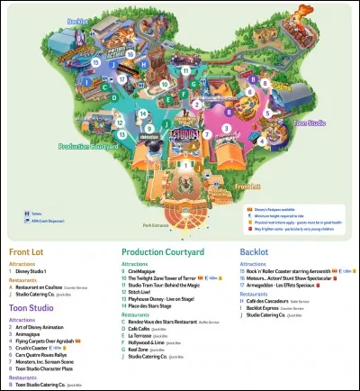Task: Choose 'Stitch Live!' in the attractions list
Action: pyautogui.click(x=148, y=292)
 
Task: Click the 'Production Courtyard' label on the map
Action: pyautogui.click(x=83, y=145)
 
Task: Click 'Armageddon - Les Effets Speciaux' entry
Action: pyautogui.click(x=290, y=286)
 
